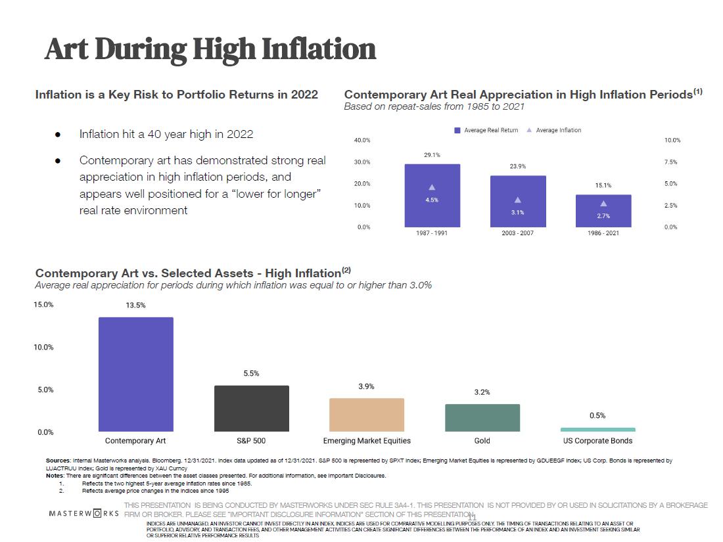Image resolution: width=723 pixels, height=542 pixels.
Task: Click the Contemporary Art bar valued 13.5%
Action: coord(136,374)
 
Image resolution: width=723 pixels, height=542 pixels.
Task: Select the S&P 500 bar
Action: coord(252,408)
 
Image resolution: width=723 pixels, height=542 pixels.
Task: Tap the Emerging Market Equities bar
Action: coord(367,415)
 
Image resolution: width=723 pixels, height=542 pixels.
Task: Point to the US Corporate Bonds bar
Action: coord(598,430)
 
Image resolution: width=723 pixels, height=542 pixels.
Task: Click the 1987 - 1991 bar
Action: coord(432,195)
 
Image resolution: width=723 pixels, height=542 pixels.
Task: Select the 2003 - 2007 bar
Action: coord(518,201)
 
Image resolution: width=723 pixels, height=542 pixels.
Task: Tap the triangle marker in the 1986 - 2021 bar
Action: coord(603,204)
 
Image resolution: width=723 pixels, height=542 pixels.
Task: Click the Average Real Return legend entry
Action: coord(486,130)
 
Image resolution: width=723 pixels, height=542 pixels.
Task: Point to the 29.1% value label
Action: coord(432,155)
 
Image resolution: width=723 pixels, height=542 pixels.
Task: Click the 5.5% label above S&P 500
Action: coord(251,373)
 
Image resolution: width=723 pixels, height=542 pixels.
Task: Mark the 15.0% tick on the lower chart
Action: coord(44,305)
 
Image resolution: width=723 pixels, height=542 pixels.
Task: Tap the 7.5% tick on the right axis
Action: coord(671,162)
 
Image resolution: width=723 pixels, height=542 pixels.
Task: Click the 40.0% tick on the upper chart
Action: coord(362,141)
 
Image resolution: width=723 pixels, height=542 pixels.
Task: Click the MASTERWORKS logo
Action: coord(84,512)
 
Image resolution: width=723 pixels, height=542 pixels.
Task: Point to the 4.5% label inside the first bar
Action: coord(432,200)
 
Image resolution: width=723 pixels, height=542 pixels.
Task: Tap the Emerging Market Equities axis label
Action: coord(367,441)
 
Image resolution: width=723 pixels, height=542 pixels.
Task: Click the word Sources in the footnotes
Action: coord(58,461)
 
